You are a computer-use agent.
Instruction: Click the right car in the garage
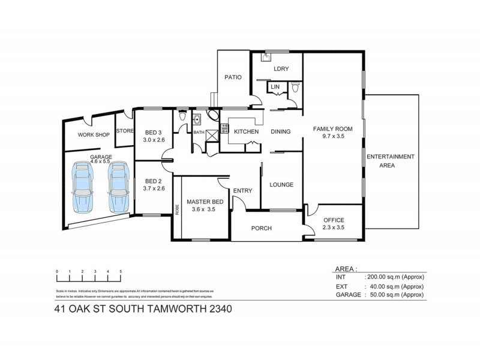point(118,187)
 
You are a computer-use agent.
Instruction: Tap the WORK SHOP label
point(93,135)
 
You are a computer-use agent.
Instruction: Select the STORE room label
point(124,131)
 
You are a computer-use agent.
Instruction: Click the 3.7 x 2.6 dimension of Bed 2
point(154,188)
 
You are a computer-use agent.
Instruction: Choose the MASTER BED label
point(205,202)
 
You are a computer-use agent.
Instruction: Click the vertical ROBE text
point(177,209)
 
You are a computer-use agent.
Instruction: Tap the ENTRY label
point(242,191)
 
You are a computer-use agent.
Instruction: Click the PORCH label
point(262,229)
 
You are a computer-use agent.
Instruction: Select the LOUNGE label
point(281,185)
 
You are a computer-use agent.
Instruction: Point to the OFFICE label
point(334,220)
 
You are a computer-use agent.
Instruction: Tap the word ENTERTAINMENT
point(391,157)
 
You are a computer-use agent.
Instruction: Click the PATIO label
point(233,77)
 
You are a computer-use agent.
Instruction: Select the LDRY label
point(281,69)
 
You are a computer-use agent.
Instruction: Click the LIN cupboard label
point(275,88)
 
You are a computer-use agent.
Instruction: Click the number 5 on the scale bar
point(121,272)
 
